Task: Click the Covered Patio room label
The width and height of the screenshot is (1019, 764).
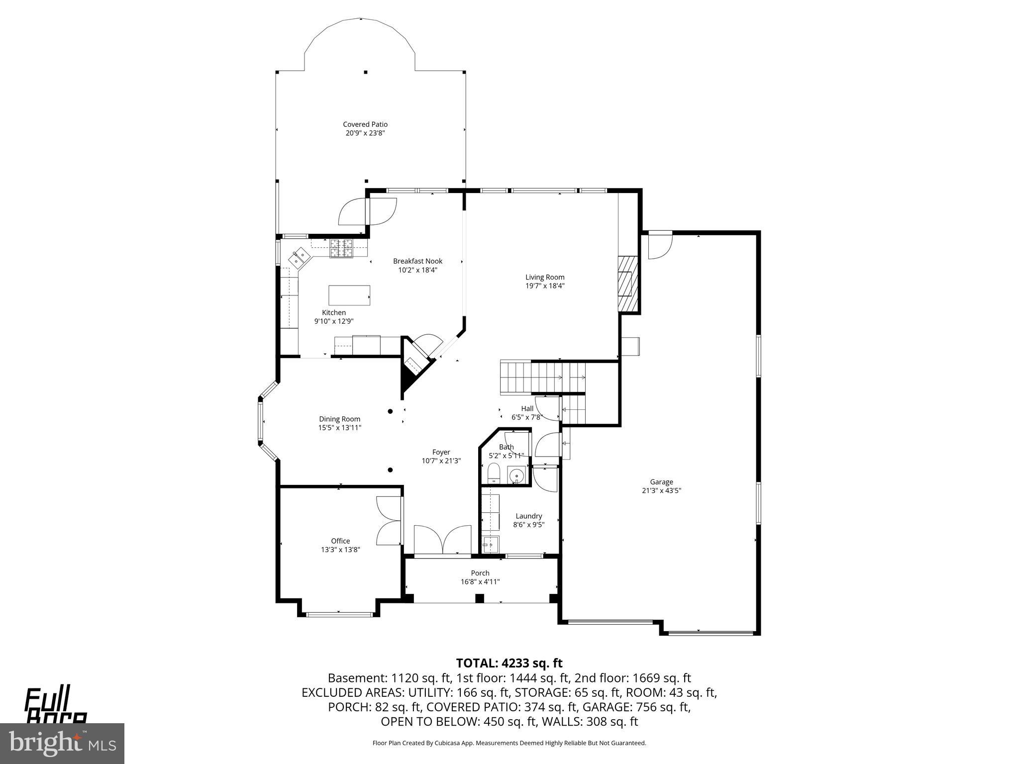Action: (x=365, y=124)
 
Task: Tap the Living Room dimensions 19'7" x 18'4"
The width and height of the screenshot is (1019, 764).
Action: (x=545, y=286)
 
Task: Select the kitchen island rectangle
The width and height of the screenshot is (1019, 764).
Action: (x=349, y=295)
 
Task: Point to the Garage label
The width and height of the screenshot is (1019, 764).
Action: (x=661, y=481)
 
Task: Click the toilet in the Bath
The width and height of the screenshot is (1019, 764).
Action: (x=493, y=473)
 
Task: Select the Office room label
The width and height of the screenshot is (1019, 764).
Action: (x=340, y=541)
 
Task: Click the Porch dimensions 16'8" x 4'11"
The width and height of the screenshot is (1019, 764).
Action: (x=480, y=581)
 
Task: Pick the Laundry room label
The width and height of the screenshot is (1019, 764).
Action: (x=528, y=516)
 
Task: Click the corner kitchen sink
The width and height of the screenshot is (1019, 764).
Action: (x=300, y=257)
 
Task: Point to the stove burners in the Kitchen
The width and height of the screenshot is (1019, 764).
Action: (x=341, y=248)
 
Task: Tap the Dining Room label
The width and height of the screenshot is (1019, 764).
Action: (x=339, y=419)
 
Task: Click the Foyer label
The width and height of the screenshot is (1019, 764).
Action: (x=441, y=452)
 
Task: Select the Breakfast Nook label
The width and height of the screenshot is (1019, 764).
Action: (x=417, y=261)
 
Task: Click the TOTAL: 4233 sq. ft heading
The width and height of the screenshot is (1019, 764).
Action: (x=509, y=663)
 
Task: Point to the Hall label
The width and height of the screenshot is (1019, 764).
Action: (x=527, y=408)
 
